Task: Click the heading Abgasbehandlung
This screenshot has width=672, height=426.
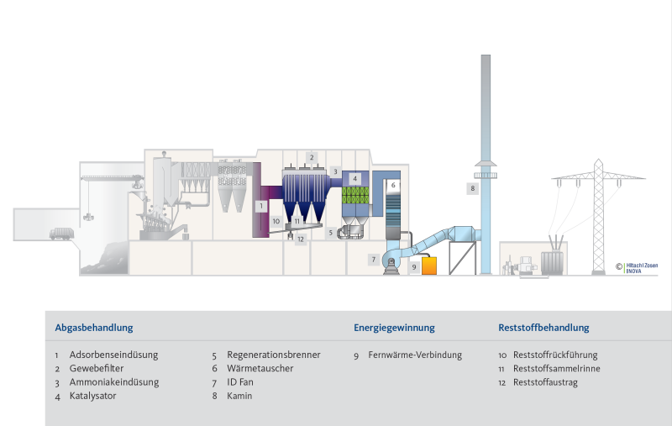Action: coord(94,328)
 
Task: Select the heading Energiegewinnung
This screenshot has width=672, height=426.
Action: coord(394,328)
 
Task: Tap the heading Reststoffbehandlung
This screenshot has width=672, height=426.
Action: coord(543,328)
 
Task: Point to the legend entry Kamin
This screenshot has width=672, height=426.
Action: coord(239,396)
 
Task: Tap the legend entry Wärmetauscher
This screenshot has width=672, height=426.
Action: coord(260,369)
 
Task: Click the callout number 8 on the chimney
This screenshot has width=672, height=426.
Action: coord(474,189)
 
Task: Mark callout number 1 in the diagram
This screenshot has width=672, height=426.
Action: coord(261,205)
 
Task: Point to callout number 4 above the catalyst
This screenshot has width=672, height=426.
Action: coord(355,178)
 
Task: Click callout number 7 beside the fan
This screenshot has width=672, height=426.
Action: coord(374,260)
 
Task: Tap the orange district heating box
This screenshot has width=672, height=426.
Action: coord(429,266)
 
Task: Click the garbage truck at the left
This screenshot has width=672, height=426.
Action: coord(60,234)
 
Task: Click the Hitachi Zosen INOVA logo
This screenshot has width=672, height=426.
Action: coord(639,269)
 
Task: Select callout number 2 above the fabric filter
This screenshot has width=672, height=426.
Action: coord(312,157)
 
